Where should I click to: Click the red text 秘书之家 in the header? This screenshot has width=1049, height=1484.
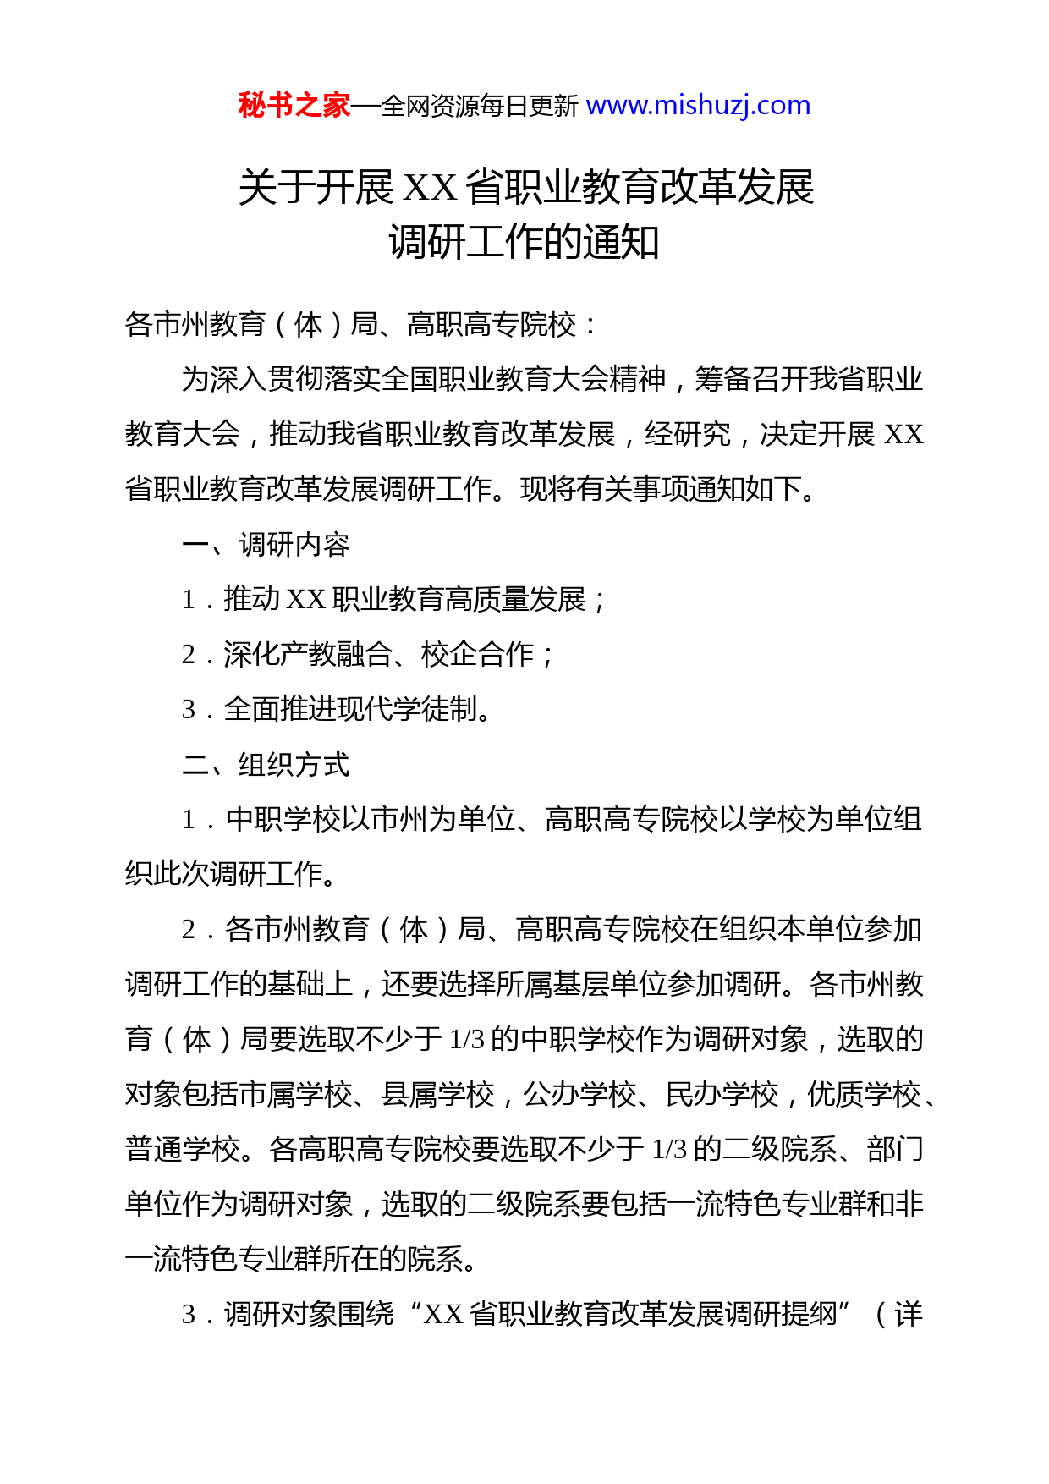tap(294, 106)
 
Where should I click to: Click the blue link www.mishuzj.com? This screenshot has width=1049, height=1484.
tap(698, 106)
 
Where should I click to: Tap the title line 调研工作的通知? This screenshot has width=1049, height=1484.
tap(524, 243)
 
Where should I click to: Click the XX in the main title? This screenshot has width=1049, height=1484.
tap(431, 188)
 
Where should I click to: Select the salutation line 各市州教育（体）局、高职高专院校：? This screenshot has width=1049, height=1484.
tap(361, 324)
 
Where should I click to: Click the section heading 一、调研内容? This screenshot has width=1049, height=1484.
tap(266, 544)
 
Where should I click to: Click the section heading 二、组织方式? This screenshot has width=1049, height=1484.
tap(266, 765)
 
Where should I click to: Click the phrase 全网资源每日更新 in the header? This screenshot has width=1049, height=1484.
tap(480, 107)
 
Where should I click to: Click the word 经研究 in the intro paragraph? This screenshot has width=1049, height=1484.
tap(687, 434)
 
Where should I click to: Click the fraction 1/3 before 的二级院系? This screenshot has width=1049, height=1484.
tap(669, 1150)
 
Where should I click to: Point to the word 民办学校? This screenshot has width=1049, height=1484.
tap(722, 1095)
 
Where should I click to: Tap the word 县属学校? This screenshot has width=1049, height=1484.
tap(437, 1095)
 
